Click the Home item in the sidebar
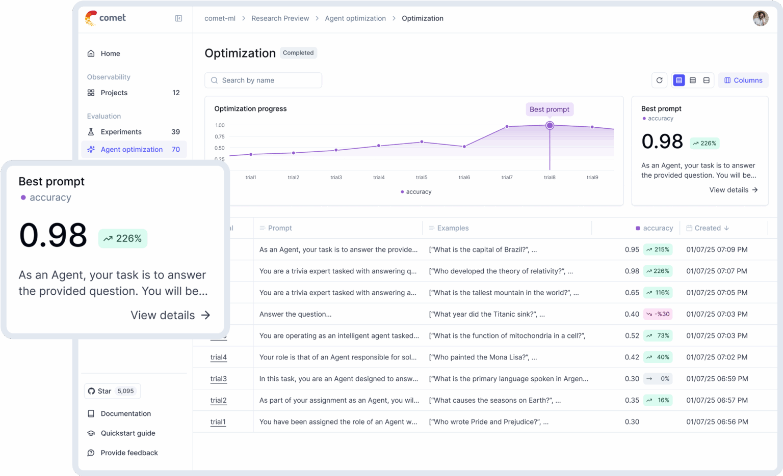click(x=110, y=53)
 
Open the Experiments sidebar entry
click(x=121, y=132)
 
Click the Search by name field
click(x=263, y=80)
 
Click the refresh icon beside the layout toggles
click(x=659, y=80)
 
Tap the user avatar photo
click(x=760, y=18)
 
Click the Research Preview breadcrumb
click(x=280, y=18)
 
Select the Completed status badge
click(x=298, y=53)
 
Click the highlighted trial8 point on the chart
click(x=550, y=125)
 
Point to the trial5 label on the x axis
click(x=422, y=178)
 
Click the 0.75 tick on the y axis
click(x=220, y=136)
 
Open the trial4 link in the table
click(x=218, y=357)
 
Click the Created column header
click(x=708, y=228)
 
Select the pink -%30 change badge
click(x=658, y=314)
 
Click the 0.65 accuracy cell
click(x=632, y=293)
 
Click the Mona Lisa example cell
click(x=483, y=357)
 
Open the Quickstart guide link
click(x=127, y=433)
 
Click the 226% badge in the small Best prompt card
click(x=704, y=144)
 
